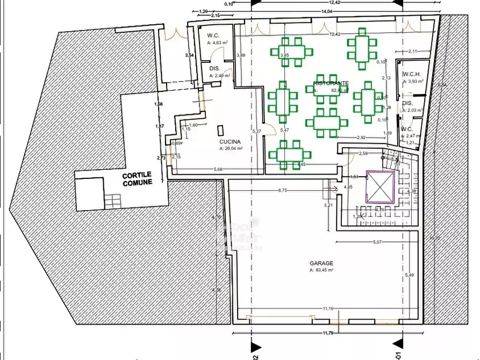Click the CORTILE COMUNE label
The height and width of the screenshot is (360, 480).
137,178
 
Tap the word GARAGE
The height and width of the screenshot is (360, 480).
321,263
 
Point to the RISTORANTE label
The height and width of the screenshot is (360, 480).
331,83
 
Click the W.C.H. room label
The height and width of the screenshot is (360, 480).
411,75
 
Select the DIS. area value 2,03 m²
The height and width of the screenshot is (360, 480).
414,110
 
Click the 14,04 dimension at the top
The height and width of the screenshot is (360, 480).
326,11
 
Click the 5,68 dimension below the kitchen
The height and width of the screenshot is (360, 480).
218,170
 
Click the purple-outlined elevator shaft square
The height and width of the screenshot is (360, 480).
380,186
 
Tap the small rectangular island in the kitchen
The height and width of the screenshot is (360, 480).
221,131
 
